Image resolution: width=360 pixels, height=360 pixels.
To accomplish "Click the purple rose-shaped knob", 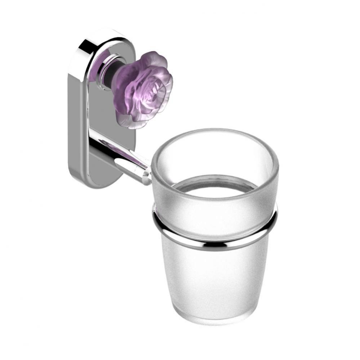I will [142, 90].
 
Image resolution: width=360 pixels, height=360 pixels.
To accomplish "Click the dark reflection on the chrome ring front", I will [216, 247].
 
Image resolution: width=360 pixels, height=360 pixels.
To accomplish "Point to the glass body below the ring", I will [216, 281].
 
